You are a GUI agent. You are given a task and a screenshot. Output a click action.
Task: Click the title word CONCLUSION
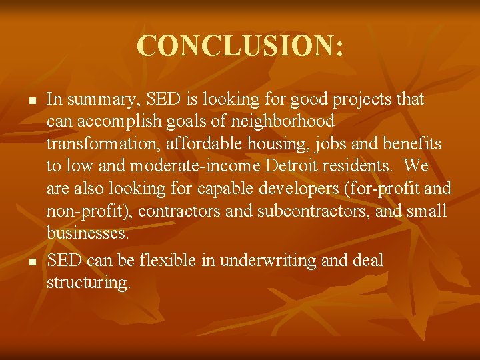click(240, 46)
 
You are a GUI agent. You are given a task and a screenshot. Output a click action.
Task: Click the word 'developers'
click(295, 188)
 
